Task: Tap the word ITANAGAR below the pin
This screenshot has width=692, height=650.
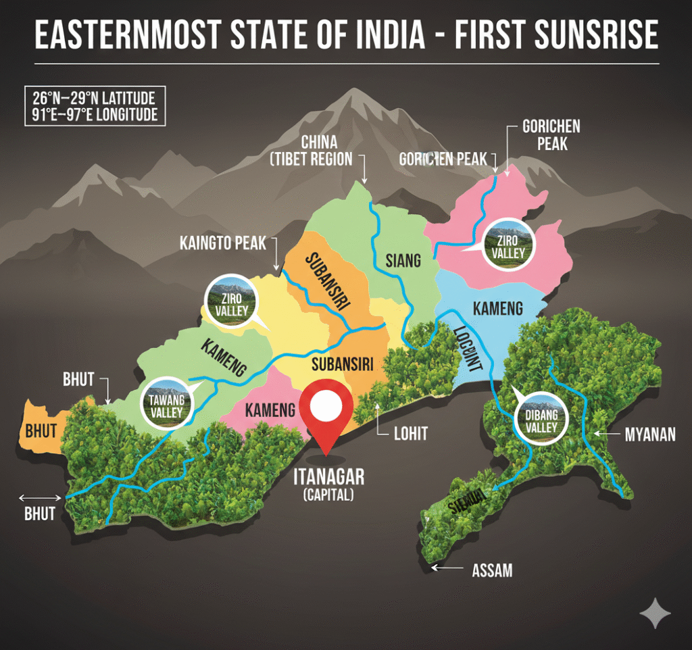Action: tap(328, 477)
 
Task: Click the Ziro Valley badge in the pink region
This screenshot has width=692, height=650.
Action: tap(509, 244)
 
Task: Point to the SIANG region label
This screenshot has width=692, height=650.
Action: tap(403, 259)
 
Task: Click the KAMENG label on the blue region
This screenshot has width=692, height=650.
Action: tap(497, 309)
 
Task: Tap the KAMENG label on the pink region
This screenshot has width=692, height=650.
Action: tap(270, 410)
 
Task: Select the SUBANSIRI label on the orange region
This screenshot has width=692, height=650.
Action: tap(327, 281)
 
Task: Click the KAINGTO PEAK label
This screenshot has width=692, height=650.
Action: tap(223, 242)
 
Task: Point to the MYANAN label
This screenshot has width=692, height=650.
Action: tap(649, 434)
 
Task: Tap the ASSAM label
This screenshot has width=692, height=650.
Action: tap(491, 570)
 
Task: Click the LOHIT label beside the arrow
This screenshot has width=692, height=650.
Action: tap(411, 433)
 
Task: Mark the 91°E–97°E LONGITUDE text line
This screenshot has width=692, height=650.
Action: tap(94, 114)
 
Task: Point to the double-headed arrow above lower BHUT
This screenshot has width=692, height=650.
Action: tap(41, 497)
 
